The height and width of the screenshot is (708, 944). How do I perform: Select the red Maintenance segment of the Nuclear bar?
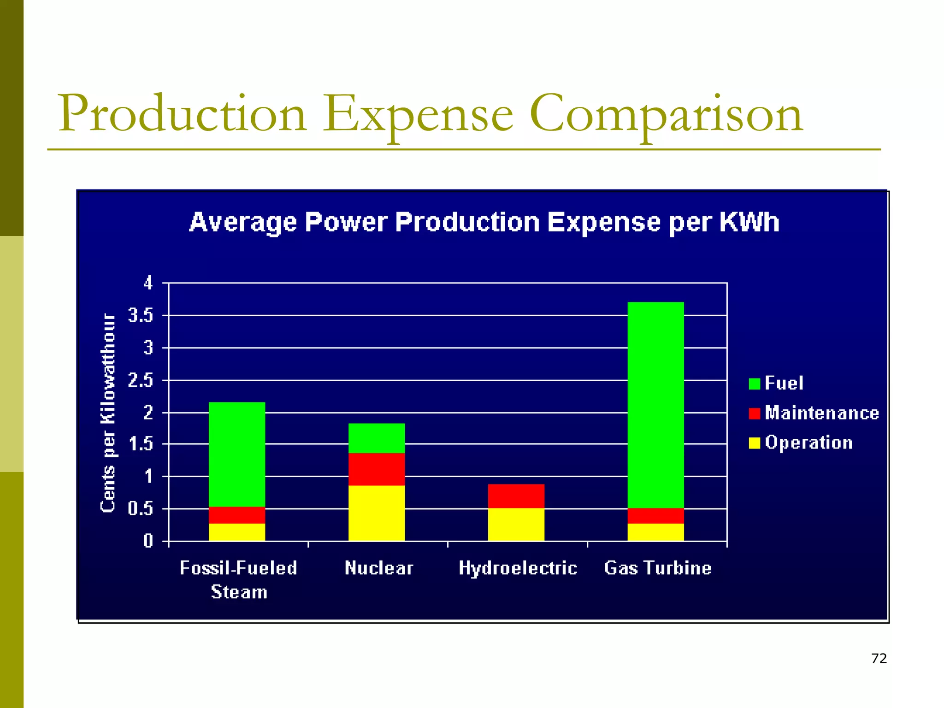[377, 469]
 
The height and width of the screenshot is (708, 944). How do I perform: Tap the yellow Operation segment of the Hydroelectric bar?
[516, 524]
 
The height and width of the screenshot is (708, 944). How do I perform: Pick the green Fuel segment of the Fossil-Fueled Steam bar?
[237, 454]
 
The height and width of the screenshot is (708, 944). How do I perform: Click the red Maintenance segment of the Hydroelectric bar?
[516, 496]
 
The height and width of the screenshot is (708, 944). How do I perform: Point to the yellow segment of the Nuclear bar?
[377, 513]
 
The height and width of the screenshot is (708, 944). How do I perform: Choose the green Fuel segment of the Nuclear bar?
[377, 438]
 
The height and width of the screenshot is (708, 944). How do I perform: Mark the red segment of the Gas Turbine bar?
[655, 515]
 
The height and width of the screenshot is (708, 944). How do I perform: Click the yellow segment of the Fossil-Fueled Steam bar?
[237, 532]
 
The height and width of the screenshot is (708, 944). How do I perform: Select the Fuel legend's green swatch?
[754, 383]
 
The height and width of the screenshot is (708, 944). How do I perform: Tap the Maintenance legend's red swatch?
[754, 413]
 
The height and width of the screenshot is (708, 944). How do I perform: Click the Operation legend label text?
[808, 442]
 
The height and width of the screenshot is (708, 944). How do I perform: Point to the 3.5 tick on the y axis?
[140, 316]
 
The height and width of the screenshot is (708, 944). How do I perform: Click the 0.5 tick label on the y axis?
[140, 509]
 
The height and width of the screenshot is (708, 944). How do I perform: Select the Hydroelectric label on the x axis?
[518, 568]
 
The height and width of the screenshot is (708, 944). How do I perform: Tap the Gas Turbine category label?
[658, 568]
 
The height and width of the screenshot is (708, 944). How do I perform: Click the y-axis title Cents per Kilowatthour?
[108, 413]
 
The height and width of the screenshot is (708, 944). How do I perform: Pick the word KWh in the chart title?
[749, 222]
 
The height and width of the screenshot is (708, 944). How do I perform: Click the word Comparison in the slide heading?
[666, 114]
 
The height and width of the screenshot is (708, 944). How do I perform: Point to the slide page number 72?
[879, 658]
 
